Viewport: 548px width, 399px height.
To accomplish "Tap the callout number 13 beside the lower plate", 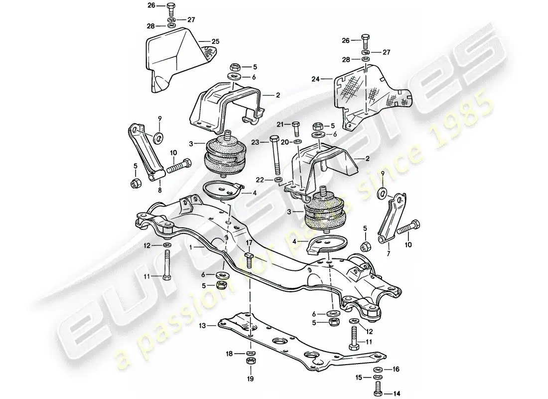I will (x=216, y=325).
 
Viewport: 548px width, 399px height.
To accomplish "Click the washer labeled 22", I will (x=277, y=179).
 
